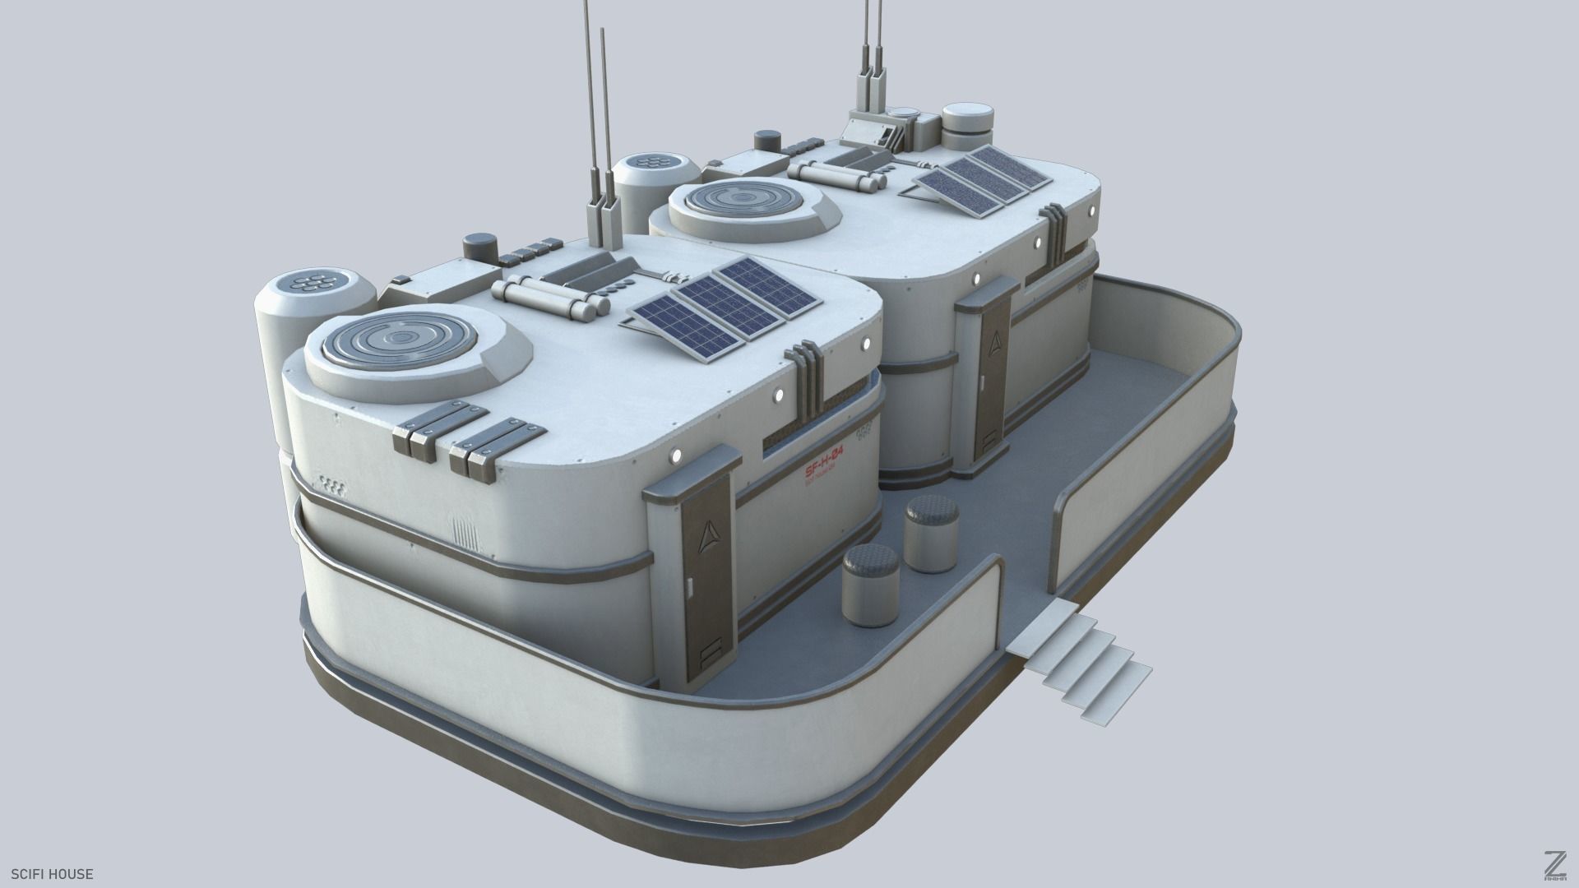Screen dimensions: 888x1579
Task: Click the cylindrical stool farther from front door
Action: [x=932, y=534]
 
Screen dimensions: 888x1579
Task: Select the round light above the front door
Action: [x=677, y=453]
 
